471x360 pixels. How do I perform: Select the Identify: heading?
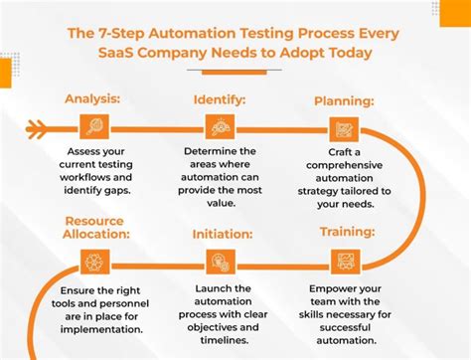click(220, 99)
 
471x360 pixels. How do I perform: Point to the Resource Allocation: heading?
click(93, 227)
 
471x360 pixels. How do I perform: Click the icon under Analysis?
click(93, 126)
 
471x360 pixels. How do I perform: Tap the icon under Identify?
click(220, 126)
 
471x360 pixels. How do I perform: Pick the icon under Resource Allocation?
click(93, 262)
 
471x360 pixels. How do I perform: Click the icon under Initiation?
click(220, 262)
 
